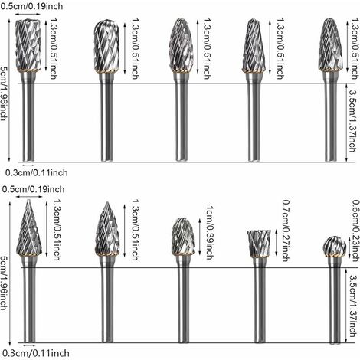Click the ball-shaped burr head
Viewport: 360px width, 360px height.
(x=334, y=247)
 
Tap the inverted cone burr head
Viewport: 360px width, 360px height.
(x=259, y=244)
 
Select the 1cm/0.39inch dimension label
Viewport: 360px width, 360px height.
(x=210, y=233)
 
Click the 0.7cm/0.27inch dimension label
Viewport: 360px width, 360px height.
(x=286, y=231)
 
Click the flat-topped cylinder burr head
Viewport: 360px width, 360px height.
(x=28, y=46)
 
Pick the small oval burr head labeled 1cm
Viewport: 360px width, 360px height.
(x=182, y=237)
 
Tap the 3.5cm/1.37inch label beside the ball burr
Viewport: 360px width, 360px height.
(x=353, y=306)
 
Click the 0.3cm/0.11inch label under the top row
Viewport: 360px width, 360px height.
(x=37, y=173)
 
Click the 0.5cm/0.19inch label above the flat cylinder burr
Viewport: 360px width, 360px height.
(x=31, y=6)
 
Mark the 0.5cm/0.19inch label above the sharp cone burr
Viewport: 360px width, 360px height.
(x=33, y=189)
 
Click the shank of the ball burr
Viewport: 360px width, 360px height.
(x=335, y=300)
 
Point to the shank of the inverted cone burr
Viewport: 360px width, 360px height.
(x=260, y=300)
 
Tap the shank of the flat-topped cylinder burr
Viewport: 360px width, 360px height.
(x=28, y=116)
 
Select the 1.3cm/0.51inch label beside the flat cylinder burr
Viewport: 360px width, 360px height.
(x=53, y=48)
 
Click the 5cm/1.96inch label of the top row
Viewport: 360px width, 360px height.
(x=4, y=93)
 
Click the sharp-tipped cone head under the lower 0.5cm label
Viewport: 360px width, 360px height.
(x=29, y=227)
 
